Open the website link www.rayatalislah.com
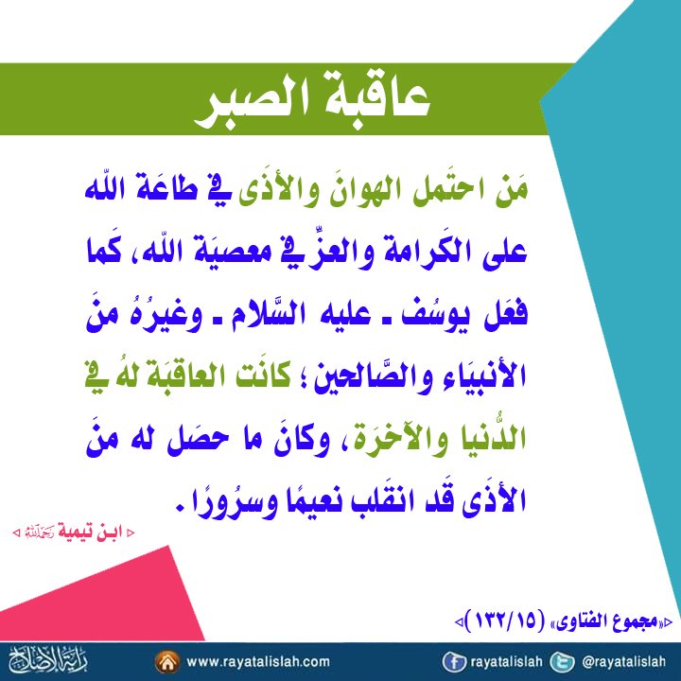tap(258, 662)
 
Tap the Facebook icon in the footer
tap(453, 662)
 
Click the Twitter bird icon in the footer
tap(562, 662)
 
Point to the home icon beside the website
tap(167, 662)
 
